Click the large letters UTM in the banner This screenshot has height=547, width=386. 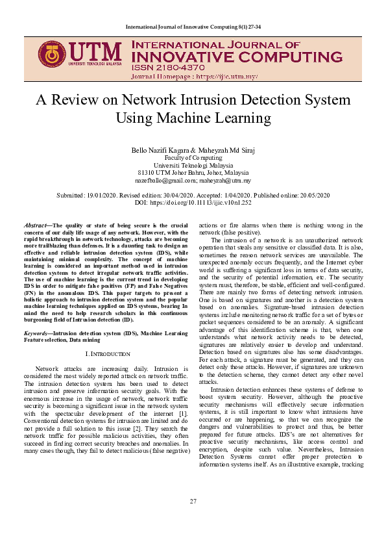pos(95,52)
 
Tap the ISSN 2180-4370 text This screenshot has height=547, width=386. pos(169,67)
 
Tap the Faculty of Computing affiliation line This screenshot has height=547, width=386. pos(193,158)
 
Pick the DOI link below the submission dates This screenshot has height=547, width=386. pos(207,203)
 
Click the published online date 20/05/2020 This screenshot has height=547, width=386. pos(313,195)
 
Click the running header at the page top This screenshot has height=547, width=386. pos(193,26)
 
